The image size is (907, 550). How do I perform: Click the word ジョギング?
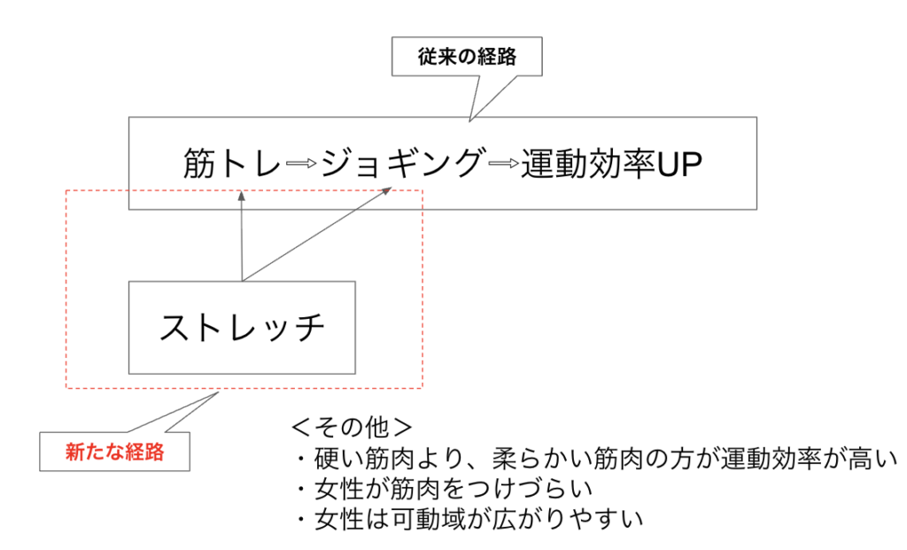(x=402, y=164)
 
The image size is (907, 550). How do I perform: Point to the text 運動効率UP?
(x=611, y=164)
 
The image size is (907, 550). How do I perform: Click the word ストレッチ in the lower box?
(x=242, y=328)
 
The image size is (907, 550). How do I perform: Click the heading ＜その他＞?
(x=352, y=428)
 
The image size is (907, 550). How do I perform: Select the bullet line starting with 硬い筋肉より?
(x=594, y=459)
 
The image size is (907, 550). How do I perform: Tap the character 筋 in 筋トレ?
(x=200, y=164)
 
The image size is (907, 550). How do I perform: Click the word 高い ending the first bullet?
(x=872, y=459)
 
